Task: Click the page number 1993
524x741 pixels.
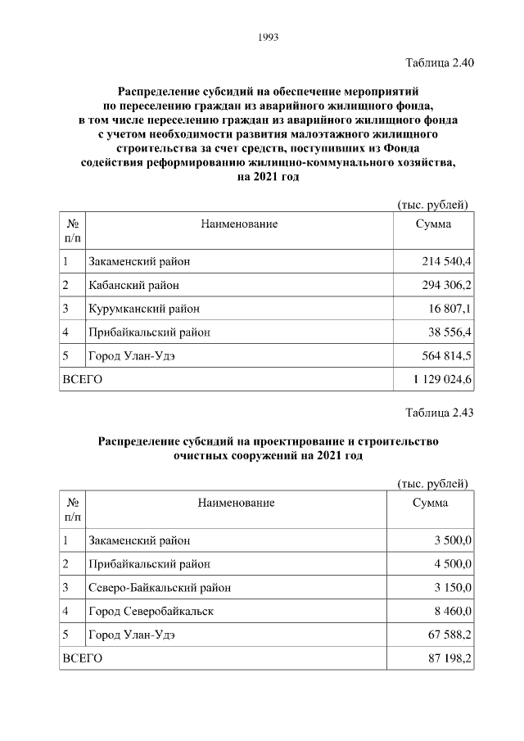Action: tap(269, 37)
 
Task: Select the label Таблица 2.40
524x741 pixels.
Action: tap(440, 62)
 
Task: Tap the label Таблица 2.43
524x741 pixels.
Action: tap(440, 412)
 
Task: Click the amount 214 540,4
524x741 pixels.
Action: tap(445, 262)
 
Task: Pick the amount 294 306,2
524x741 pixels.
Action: tap(445, 286)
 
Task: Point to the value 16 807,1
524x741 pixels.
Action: tap(450, 310)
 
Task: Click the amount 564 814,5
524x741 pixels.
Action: tap(445, 356)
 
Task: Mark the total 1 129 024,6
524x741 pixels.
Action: tap(442, 380)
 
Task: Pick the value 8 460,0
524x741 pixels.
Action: tap(453, 611)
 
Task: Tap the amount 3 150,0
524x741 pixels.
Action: tap(453, 587)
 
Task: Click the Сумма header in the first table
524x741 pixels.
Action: tap(432, 224)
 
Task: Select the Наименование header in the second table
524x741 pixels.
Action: tap(236, 502)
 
